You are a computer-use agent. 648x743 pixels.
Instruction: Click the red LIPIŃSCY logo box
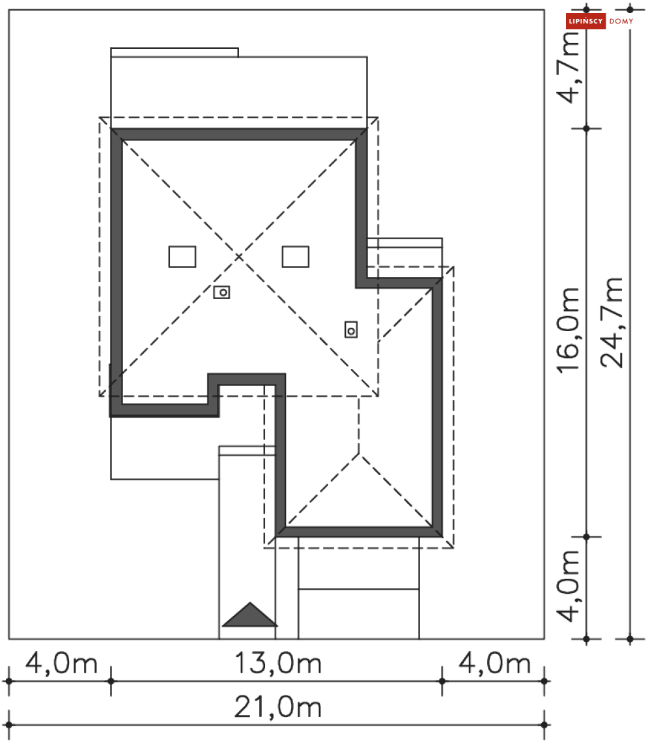click(585, 21)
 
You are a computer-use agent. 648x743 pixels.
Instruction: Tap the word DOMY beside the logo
click(621, 22)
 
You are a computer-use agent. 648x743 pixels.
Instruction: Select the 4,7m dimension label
click(568, 67)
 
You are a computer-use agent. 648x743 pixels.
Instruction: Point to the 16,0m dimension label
click(568, 330)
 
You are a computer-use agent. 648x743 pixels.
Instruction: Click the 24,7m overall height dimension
click(612, 323)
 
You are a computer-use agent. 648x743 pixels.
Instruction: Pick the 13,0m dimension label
click(278, 663)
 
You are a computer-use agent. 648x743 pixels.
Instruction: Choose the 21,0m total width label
click(278, 707)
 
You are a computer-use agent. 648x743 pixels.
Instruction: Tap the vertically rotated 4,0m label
click(568, 586)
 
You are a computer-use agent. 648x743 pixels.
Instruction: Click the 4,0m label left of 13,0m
click(61, 663)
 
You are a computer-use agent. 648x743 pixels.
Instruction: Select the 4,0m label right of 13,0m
click(495, 663)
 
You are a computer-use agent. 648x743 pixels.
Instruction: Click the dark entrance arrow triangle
click(249, 615)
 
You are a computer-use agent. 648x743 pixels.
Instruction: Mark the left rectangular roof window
click(182, 257)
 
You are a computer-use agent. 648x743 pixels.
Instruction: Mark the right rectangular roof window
click(296, 257)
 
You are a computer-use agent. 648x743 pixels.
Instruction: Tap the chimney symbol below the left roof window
click(221, 293)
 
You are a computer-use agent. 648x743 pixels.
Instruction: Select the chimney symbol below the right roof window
click(351, 330)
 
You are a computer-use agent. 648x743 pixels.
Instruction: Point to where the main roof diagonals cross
click(238, 257)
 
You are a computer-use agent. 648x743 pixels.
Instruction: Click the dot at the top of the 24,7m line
click(630, 9)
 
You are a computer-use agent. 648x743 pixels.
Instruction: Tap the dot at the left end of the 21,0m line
click(9, 725)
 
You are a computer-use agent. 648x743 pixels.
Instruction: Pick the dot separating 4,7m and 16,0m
click(587, 128)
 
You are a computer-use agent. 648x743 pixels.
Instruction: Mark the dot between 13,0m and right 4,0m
click(442, 681)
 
